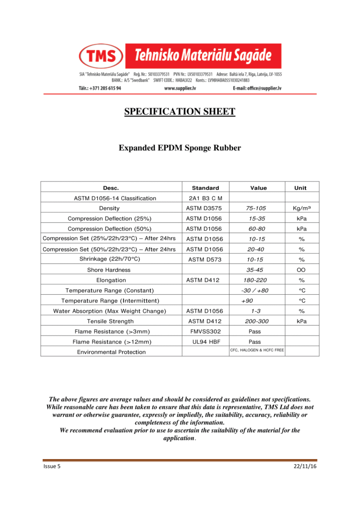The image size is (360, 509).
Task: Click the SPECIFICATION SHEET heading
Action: (180, 111)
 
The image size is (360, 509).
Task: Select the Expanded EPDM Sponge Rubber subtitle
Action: (180, 148)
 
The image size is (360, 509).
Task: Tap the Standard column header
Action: (205, 188)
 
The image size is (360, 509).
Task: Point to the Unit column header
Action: (300, 188)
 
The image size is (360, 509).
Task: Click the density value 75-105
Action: (257, 208)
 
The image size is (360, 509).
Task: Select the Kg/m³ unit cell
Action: (300, 208)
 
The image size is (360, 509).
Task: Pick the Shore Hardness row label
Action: (109, 270)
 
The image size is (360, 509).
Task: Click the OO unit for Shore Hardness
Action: (300, 270)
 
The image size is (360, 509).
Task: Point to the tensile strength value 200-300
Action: (257, 322)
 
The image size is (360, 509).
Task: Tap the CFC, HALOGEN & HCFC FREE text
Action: (257, 350)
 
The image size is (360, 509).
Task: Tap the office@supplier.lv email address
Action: (264, 88)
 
